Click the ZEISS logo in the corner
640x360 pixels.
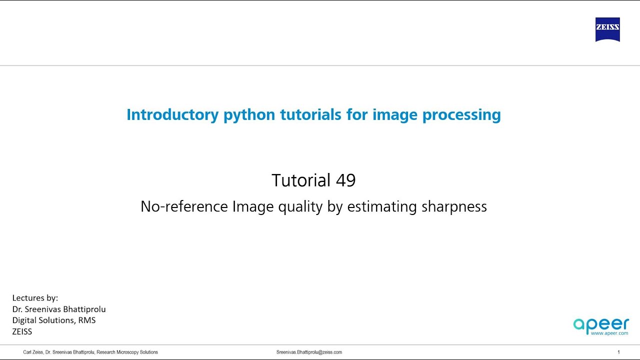click(607, 29)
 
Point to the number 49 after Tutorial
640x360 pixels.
click(345, 180)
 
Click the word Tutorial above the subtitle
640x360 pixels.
click(301, 180)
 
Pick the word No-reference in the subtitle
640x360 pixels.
click(184, 206)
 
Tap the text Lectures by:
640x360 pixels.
click(35, 298)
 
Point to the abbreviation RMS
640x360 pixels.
click(86, 320)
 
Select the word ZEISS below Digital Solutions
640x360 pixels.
click(22, 331)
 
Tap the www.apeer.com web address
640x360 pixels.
click(609, 332)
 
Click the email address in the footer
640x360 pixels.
click(309, 352)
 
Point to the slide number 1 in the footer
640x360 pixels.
click(618, 352)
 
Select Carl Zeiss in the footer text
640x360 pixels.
click(33, 352)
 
